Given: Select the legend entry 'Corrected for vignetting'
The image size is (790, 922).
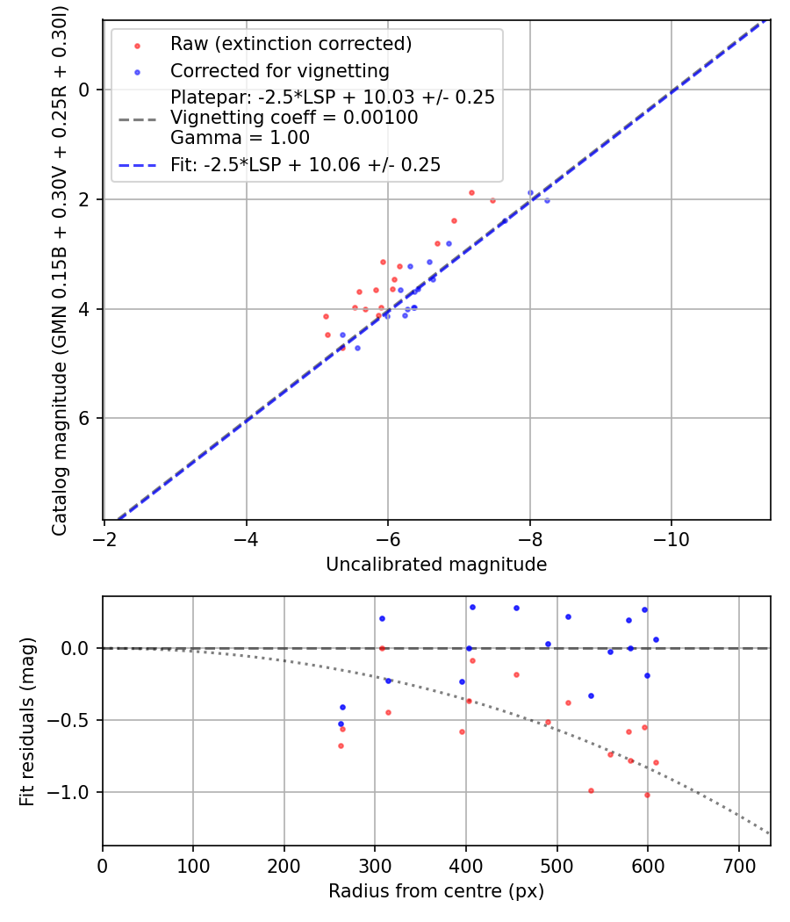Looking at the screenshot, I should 279,70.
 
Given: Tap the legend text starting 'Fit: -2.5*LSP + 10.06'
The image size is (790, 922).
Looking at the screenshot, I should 305,164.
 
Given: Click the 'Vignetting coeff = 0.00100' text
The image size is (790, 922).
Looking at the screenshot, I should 294,118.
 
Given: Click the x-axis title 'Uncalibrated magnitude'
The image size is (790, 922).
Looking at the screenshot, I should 436,565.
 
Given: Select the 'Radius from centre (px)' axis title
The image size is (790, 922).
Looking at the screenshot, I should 436,891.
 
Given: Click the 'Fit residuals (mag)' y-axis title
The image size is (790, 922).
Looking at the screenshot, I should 27,721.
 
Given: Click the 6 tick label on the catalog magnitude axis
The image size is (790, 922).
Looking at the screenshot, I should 84,419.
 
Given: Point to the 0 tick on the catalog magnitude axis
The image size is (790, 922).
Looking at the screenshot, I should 84,90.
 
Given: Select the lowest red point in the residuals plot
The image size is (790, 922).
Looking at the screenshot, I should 647,795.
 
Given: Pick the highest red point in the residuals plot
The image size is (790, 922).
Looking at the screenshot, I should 382,648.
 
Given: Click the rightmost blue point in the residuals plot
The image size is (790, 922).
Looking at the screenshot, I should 656,639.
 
